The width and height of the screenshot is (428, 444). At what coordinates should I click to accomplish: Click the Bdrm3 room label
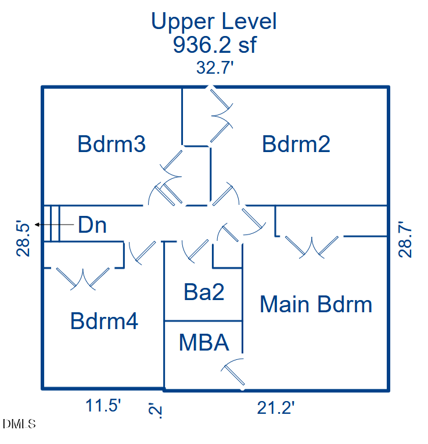112,144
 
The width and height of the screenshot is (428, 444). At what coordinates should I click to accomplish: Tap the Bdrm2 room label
296,144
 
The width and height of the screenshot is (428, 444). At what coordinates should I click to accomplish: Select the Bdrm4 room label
104,321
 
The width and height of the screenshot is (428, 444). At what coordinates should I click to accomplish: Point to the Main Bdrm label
316,304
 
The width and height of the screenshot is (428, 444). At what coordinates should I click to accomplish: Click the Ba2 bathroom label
204,292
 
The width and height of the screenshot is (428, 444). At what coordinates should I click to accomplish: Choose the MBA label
204,342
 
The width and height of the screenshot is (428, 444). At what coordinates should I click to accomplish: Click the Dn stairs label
92,225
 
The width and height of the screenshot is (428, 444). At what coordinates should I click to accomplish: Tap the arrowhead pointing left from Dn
37,225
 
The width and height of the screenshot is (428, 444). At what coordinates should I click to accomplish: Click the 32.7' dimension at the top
215,68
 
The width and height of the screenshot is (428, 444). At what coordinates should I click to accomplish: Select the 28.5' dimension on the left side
23,239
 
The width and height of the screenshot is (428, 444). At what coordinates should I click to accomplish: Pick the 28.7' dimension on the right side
405,239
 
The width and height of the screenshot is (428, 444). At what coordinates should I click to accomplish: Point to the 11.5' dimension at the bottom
103,406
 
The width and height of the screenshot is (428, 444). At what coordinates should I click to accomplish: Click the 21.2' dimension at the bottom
276,408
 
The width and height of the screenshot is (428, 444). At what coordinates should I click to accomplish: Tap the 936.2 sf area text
214,45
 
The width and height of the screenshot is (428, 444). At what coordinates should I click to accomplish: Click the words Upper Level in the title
214,21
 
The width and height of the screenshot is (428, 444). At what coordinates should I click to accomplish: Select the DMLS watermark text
19,424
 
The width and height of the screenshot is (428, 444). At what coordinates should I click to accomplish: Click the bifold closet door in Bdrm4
83,279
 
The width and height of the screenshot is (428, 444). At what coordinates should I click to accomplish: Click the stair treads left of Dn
51,223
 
